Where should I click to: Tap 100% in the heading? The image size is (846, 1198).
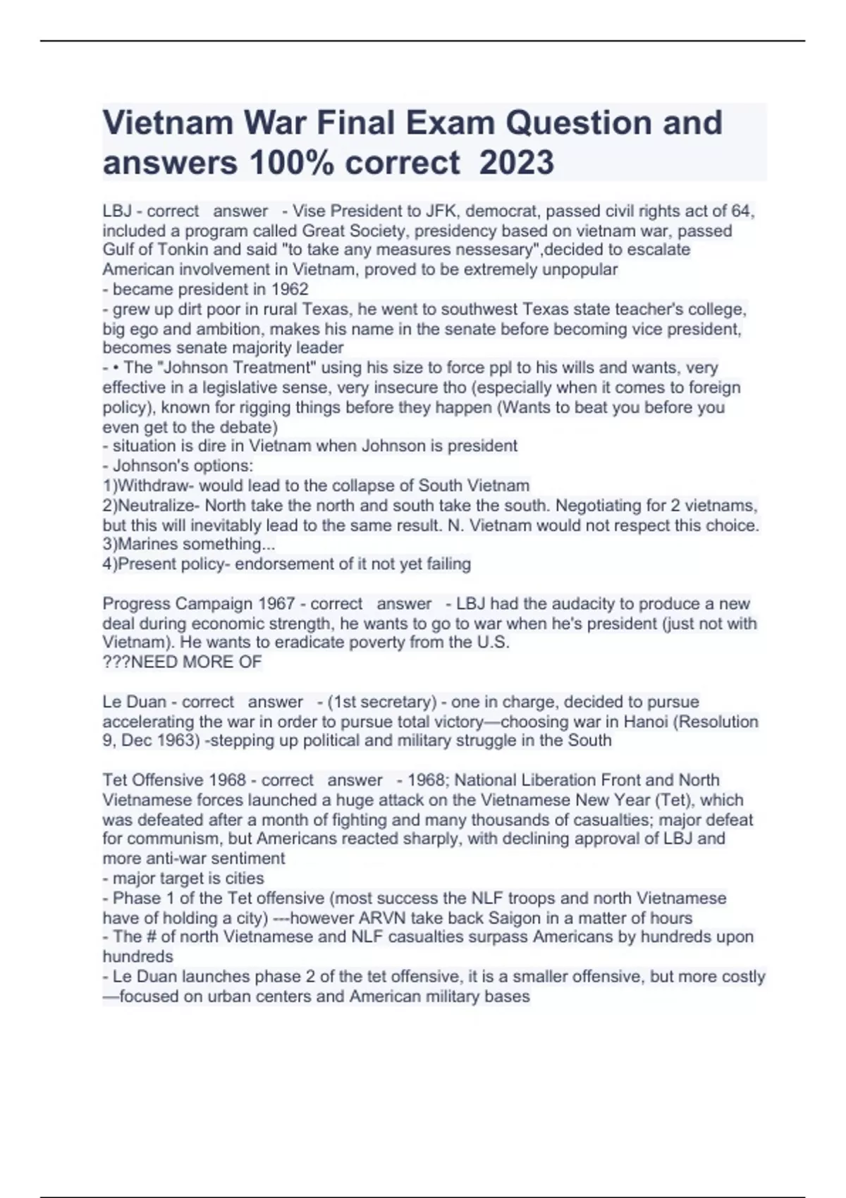point(286,162)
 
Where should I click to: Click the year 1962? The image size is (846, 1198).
point(290,289)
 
